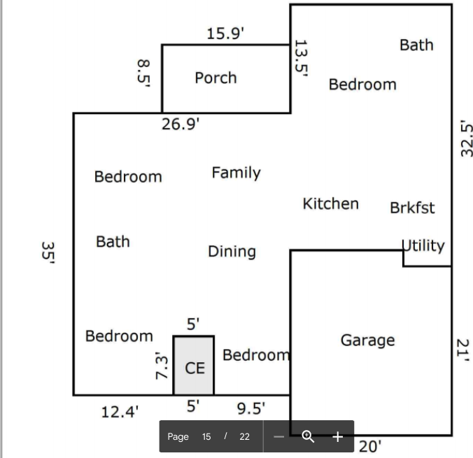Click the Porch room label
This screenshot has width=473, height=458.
(x=216, y=78)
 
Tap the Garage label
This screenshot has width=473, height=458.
(x=367, y=341)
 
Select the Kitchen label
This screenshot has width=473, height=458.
(x=330, y=203)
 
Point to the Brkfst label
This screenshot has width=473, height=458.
(x=412, y=208)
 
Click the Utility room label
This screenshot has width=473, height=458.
(x=424, y=245)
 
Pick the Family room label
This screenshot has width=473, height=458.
(x=236, y=173)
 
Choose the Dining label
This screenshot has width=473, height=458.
(x=232, y=252)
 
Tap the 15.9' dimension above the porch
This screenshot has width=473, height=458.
(x=225, y=34)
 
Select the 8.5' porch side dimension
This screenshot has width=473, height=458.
(x=143, y=72)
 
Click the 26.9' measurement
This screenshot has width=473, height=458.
(x=181, y=124)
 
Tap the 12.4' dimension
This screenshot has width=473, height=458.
(x=120, y=411)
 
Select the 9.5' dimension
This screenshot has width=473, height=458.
(x=251, y=408)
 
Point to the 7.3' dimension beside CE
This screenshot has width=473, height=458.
(x=161, y=365)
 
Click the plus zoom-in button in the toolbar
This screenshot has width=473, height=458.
(x=337, y=436)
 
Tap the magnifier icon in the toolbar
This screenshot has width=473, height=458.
(x=308, y=436)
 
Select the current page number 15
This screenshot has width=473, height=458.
(x=206, y=436)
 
